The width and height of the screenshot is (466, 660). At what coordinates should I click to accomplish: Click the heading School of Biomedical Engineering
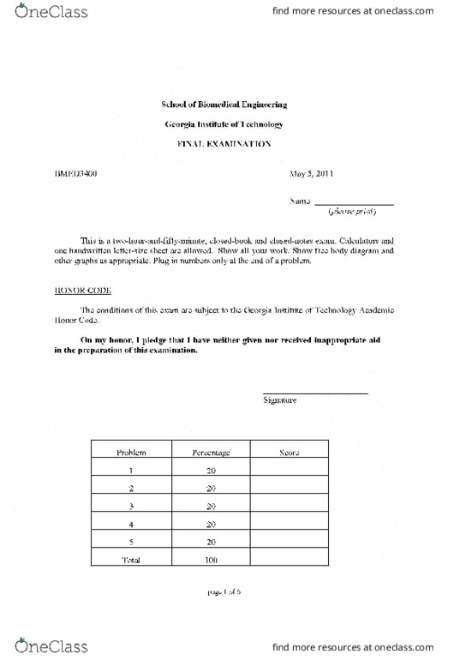coord(224,105)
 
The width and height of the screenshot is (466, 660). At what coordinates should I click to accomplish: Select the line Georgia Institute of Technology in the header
coord(224,124)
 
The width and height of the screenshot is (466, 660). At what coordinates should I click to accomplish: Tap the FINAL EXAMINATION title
coord(224,145)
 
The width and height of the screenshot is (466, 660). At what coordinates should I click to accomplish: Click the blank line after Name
coord(354,202)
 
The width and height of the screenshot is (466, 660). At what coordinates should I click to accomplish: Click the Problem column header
coord(130,453)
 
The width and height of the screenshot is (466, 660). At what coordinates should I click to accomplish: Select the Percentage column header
coord(210,453)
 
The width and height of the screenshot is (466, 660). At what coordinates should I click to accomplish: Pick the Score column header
coord(289,453)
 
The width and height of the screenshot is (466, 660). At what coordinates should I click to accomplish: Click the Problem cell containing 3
coord(130,507)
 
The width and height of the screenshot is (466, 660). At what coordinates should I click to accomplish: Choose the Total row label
coord(130,560)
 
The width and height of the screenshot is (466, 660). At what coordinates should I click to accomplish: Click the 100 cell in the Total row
coord(210,560)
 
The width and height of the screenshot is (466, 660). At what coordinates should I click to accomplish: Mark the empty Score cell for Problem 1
coord(289,471)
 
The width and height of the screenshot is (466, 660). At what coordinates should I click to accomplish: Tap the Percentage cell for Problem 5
coord(210,542)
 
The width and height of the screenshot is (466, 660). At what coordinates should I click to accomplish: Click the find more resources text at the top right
coord(369,12)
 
